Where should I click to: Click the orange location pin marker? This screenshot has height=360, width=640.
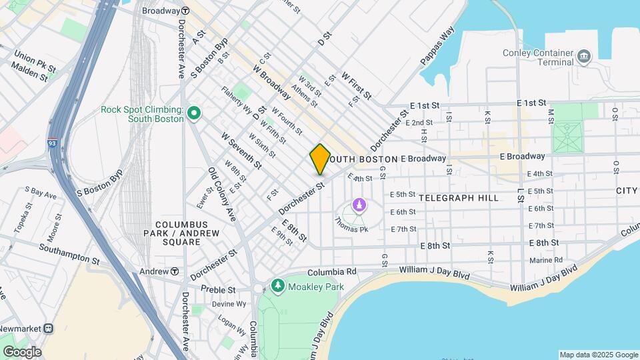click(320, 159)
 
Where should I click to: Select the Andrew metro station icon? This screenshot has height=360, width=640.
click(175, 271)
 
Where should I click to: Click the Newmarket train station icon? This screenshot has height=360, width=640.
click(49, 328)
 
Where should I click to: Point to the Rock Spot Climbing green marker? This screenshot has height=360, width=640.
click(194, 113)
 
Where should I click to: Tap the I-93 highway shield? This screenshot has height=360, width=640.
click(53, 143)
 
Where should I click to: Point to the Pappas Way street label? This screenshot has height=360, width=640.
click(437, 45)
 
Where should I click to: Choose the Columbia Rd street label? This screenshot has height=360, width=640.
click(332, 272)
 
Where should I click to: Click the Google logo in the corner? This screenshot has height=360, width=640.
click(21, 351)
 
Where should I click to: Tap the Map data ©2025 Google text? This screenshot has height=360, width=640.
click(598, 355)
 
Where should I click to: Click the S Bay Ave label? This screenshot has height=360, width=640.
click(41, 194)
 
